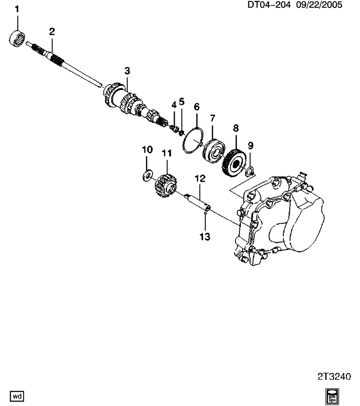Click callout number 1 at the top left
[17, 9]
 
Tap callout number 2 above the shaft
[52, 31]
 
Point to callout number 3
[127, 71]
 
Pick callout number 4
[173, 104]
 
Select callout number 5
[182, 101]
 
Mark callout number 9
[250, 146]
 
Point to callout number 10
[147, 150]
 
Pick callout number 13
[205, 237]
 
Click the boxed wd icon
[17, 396]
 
